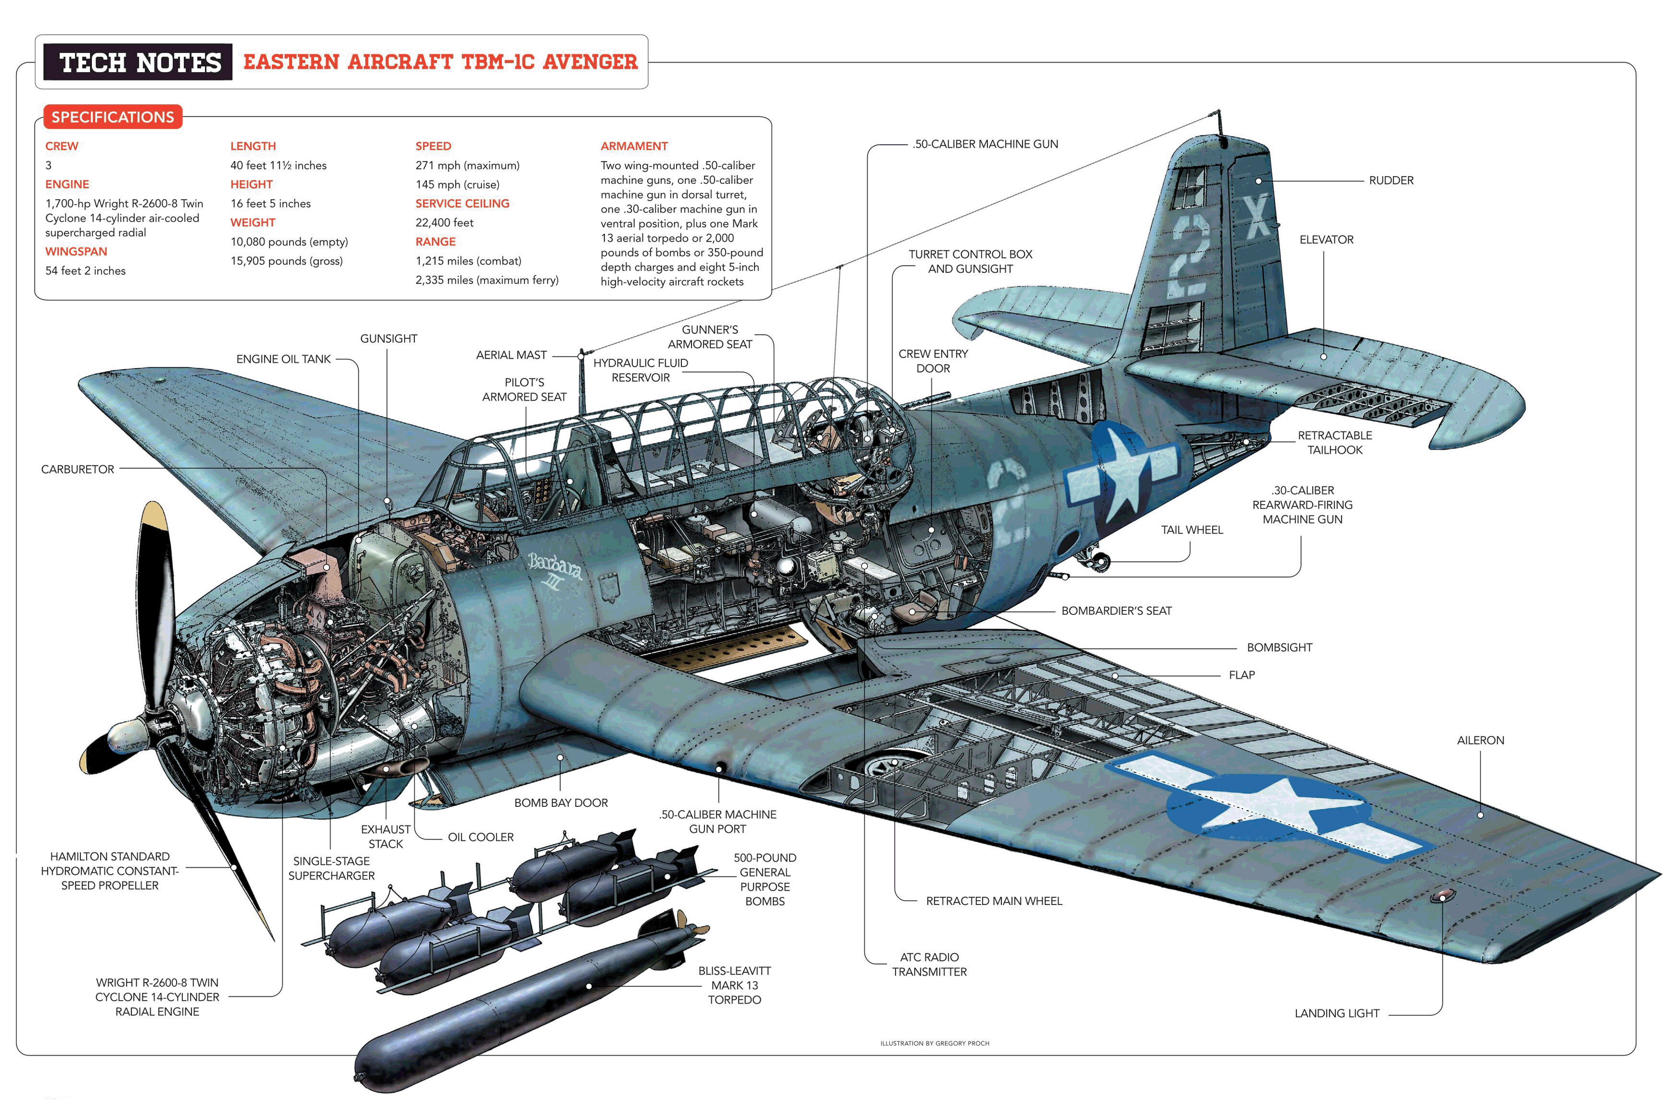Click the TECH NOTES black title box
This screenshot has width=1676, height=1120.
pyautogui.click(x=138, y=62)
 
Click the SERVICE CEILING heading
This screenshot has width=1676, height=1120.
pyautogui.click(x=462, y=204)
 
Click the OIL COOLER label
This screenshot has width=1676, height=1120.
pyautogui.click(x=481, y=837)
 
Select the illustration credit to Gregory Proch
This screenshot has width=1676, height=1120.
pyautogui.click(x=935, y=1043)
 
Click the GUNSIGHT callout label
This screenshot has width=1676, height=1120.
pyautogui.click(x=388, y=339)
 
